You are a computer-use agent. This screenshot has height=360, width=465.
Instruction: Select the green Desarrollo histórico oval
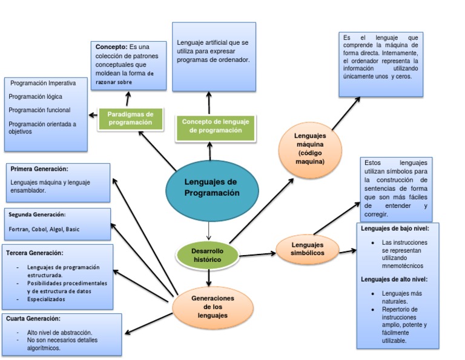tap(207, 255)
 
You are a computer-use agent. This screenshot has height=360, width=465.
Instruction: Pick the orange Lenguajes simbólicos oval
tap(307, 248)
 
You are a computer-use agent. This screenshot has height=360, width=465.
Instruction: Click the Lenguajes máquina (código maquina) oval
tap(310, 149)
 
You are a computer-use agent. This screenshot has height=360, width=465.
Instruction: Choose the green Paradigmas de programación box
tap(130, 118)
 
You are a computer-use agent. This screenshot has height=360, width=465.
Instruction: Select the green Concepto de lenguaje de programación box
tap(215, 126)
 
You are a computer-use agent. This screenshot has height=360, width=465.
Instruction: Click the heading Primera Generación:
tap(39, 169)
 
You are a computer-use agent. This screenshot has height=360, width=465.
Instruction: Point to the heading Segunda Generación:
tap(37, 215)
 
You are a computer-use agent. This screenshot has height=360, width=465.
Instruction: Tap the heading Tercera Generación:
tap(35, 252)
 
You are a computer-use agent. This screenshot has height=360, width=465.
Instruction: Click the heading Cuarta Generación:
tap(34, 318)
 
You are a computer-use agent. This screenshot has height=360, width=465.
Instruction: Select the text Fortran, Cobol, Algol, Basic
tap(44, 230)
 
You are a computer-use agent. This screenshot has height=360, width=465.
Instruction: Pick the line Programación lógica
tap(36, 96)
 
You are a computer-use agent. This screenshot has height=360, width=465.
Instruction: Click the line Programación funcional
tap(39, 110)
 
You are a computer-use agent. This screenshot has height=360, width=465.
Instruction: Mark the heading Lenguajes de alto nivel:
tap(394, 279)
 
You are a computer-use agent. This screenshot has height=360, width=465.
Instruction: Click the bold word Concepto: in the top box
tap(111, 47)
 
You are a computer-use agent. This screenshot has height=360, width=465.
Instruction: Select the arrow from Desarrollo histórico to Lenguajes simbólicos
tap(257, 253)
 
